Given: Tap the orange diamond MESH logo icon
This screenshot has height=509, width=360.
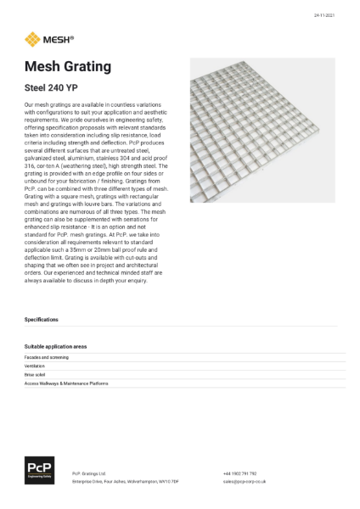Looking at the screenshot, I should pyautogui.click(x=32, y=38).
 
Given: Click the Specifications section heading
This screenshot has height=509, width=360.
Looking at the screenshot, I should pyautogui.click(x=42, y=320).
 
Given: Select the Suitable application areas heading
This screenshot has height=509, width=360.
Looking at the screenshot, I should pyautogui.click(x=56, y=347).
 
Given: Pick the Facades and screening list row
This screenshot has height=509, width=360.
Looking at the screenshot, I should pyautogui.click(x=48, y=359).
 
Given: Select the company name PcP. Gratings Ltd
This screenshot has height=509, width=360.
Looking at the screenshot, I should pyautogui.click(x=89, y=473).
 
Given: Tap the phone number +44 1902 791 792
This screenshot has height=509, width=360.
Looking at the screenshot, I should pyautogui.click(x=240, y=473).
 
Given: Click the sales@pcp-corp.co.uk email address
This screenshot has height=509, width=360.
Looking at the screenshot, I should pyautogui.click(x=246, y=481).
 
